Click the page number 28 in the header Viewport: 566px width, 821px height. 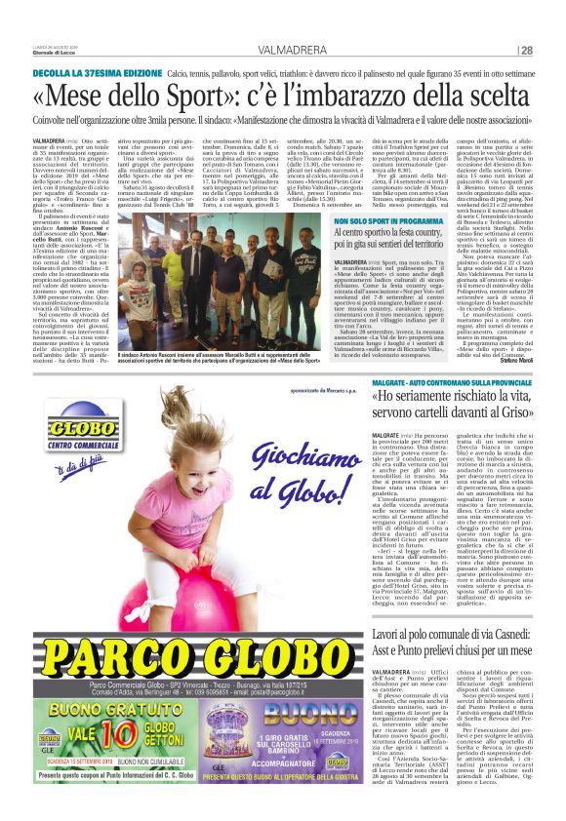click(526, 51)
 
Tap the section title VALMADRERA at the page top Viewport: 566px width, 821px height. click(292, 51)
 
